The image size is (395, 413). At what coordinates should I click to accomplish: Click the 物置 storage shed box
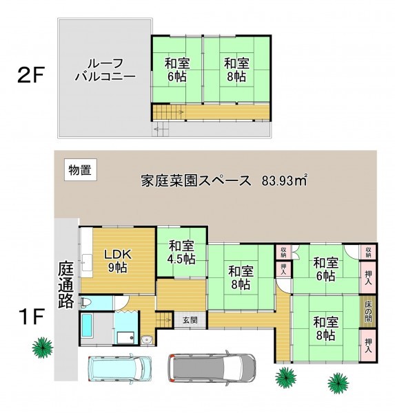[81, 169]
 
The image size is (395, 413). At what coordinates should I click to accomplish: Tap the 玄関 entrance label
[190, 320]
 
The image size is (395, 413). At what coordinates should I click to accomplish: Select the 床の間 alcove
[368, 312]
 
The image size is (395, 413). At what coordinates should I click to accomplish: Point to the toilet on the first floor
[85, 302]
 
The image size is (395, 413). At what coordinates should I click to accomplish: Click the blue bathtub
[87, 325]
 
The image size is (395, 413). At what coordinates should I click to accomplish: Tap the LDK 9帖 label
[118, 261]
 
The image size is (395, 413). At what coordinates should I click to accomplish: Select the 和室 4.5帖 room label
[182, 253]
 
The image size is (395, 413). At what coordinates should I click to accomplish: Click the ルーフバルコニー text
[105, 70]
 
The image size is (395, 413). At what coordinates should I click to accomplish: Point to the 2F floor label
[30, 75]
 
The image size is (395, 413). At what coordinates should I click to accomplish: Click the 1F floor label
[31, 317]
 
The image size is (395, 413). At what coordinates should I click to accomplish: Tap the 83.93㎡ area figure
[285, 180]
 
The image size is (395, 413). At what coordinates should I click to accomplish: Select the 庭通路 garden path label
[65, 284]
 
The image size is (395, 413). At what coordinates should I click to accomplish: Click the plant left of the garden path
[43, 348]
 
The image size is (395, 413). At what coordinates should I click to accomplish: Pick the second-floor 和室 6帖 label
[177, 70]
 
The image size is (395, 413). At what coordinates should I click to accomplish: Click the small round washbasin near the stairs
[146, 340]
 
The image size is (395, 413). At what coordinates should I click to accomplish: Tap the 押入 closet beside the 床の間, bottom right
[368, 346]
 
